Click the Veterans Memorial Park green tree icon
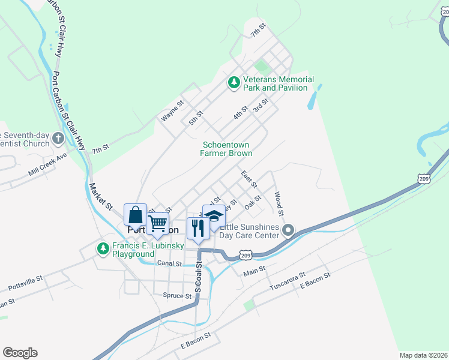point(234,83)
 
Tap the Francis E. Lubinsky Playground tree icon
point(103,248)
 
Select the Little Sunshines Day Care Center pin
point(288,230)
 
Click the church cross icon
point(58,139)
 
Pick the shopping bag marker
point(136,215)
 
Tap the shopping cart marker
point(157,223)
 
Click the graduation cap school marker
point(214,215)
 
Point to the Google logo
point(20,353)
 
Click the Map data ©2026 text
point(423,355)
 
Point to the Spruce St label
point(176,295)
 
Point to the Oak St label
point(253,202)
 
